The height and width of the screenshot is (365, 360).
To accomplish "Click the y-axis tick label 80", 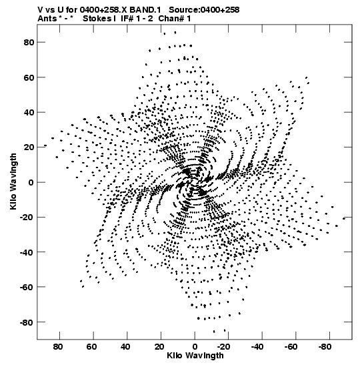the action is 29,42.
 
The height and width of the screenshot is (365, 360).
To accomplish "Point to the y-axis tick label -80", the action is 27,322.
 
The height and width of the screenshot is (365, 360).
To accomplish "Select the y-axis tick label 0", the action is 31,182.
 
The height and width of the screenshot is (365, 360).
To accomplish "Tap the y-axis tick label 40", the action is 29,112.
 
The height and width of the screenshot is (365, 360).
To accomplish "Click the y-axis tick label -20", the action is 27,217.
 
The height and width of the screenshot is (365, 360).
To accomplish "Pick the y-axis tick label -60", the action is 27,287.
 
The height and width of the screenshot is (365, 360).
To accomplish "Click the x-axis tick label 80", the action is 58,347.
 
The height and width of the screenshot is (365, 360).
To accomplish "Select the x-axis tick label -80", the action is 325,347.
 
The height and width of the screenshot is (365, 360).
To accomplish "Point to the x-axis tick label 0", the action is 195,347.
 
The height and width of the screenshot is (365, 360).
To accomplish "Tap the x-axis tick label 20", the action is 159,347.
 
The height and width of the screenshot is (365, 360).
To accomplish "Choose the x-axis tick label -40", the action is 257,347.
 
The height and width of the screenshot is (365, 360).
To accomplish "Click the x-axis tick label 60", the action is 91,347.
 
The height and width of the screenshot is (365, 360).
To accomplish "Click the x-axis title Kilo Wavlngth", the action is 195,356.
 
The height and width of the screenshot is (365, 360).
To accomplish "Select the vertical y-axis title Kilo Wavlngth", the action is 13,181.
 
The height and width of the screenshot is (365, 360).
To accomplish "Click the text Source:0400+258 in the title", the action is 204,10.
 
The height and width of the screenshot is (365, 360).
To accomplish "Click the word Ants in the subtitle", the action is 47,19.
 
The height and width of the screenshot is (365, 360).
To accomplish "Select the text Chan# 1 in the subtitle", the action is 175,19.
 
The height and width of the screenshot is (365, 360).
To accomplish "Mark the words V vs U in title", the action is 49,10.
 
